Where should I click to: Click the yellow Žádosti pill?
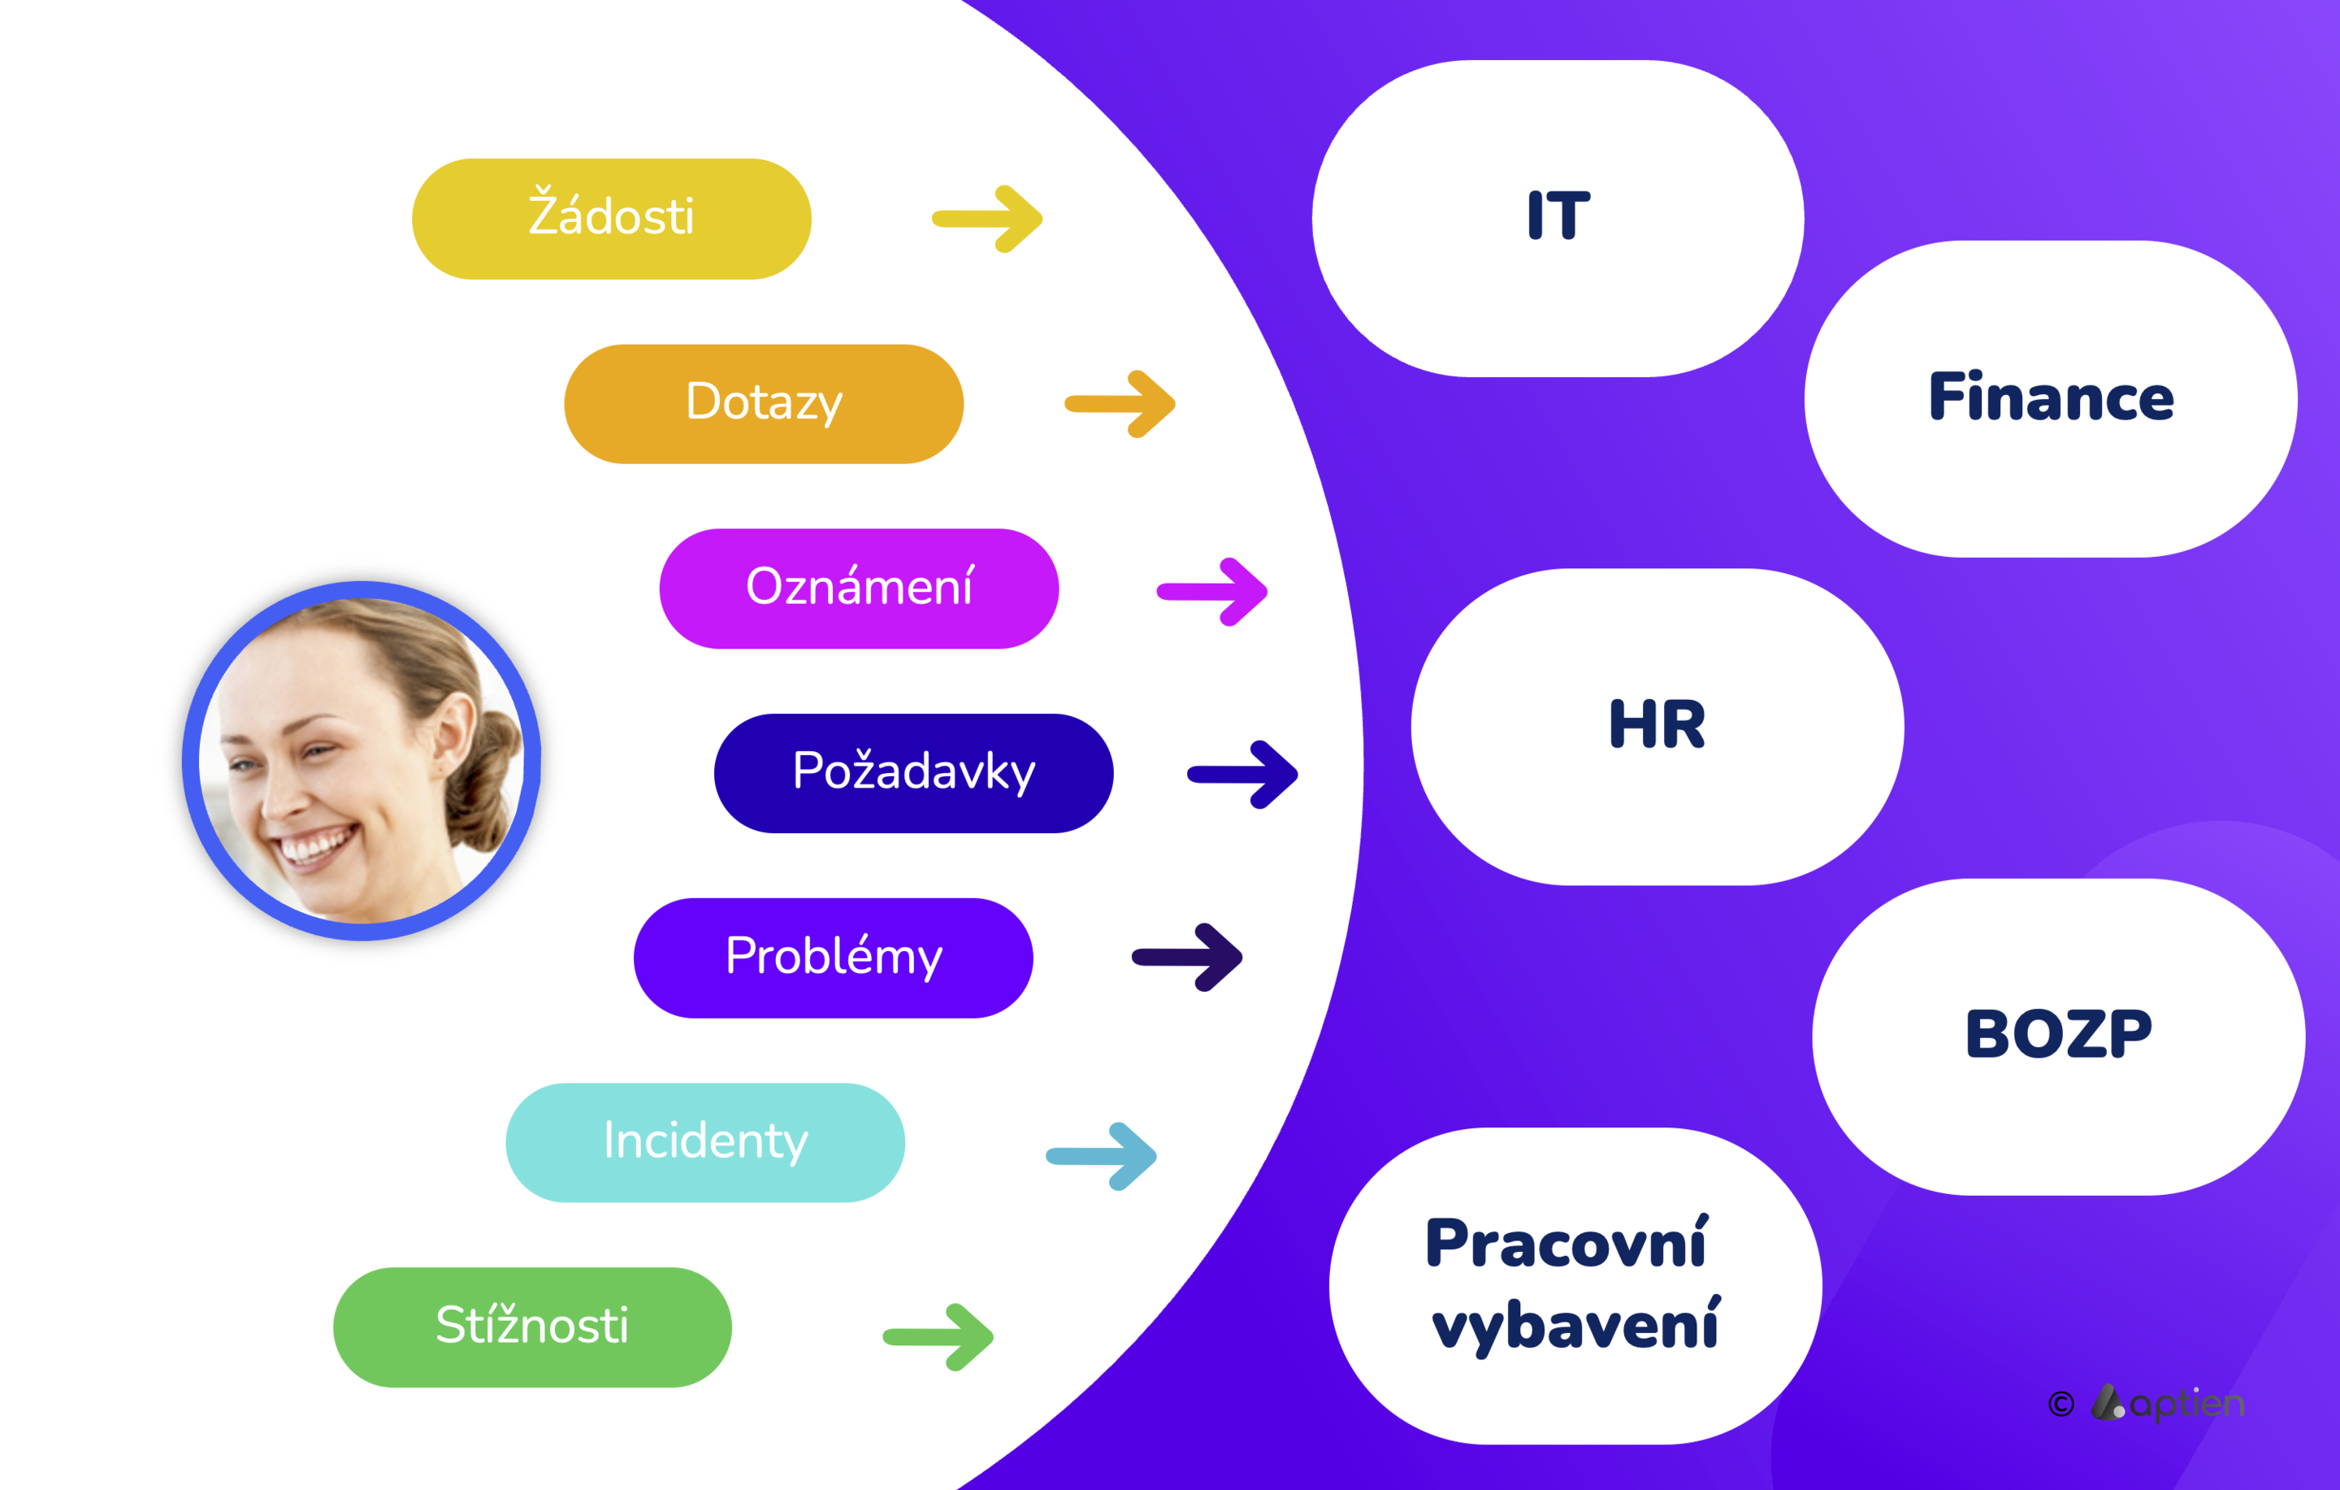click(611, 219)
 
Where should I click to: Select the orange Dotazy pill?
click(764, 403)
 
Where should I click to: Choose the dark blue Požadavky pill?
click(913, 773)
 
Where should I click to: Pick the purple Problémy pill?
click(833, 958)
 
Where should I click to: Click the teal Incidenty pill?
click(705, 1142)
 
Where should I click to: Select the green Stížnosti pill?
click(532, 1327)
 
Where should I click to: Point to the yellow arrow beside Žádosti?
click(987, 219)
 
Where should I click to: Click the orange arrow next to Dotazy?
click(1120, 403)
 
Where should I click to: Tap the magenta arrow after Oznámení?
click(1211, 591)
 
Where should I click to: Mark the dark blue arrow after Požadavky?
click(1243, 774)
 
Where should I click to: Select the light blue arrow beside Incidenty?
click(1101, 1156)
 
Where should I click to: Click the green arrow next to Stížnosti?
click(938, 1336)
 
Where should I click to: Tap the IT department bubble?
click(1558, 219)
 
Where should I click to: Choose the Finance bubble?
click(2051, 398)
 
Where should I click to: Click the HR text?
click(1657, 724)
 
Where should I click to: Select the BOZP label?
click(2058, 1033)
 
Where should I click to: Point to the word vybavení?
click(1575, 1325)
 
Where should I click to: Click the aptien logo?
click(2168, 1402)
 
